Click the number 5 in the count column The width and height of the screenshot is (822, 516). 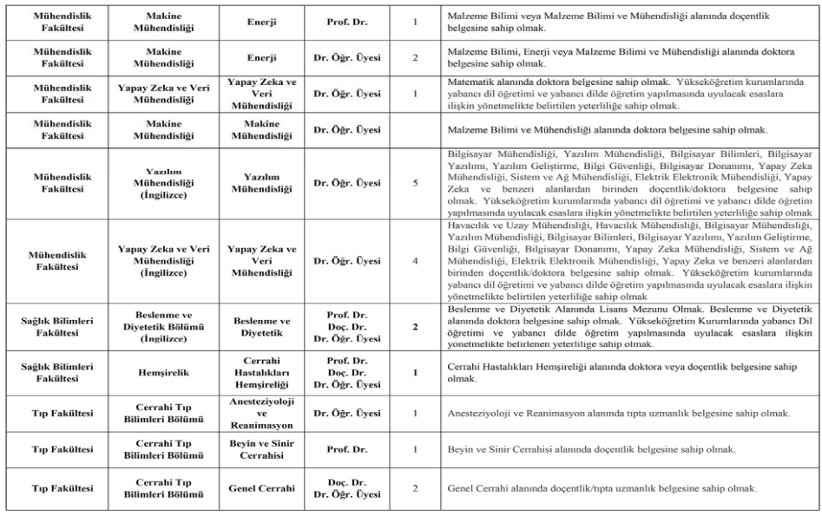tap(416, 183)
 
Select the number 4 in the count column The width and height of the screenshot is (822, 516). tap(416, 260)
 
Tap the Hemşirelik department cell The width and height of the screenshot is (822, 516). tap(163, 373)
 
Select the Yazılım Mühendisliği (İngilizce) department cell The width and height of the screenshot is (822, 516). tap(163, 183)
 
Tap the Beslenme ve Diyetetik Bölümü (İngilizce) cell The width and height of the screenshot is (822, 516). tap(163, 326)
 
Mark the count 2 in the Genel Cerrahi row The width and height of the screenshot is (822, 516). tap(416, 488)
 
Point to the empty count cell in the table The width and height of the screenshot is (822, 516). tap(416, 130)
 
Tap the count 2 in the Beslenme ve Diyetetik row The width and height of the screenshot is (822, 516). tap(416, 326)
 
